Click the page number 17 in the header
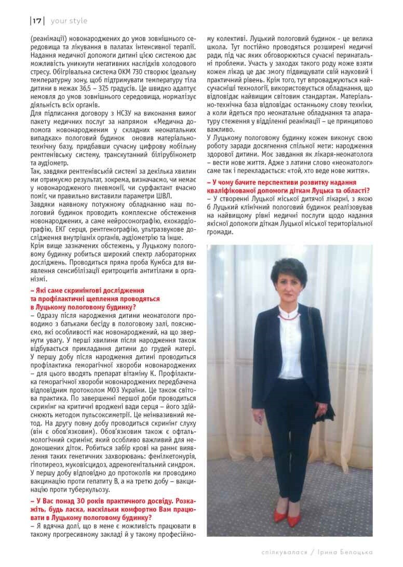coord(37,21)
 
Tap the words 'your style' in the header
coord(69,21)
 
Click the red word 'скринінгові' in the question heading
coord(74,290)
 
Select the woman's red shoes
coord(287,515)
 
